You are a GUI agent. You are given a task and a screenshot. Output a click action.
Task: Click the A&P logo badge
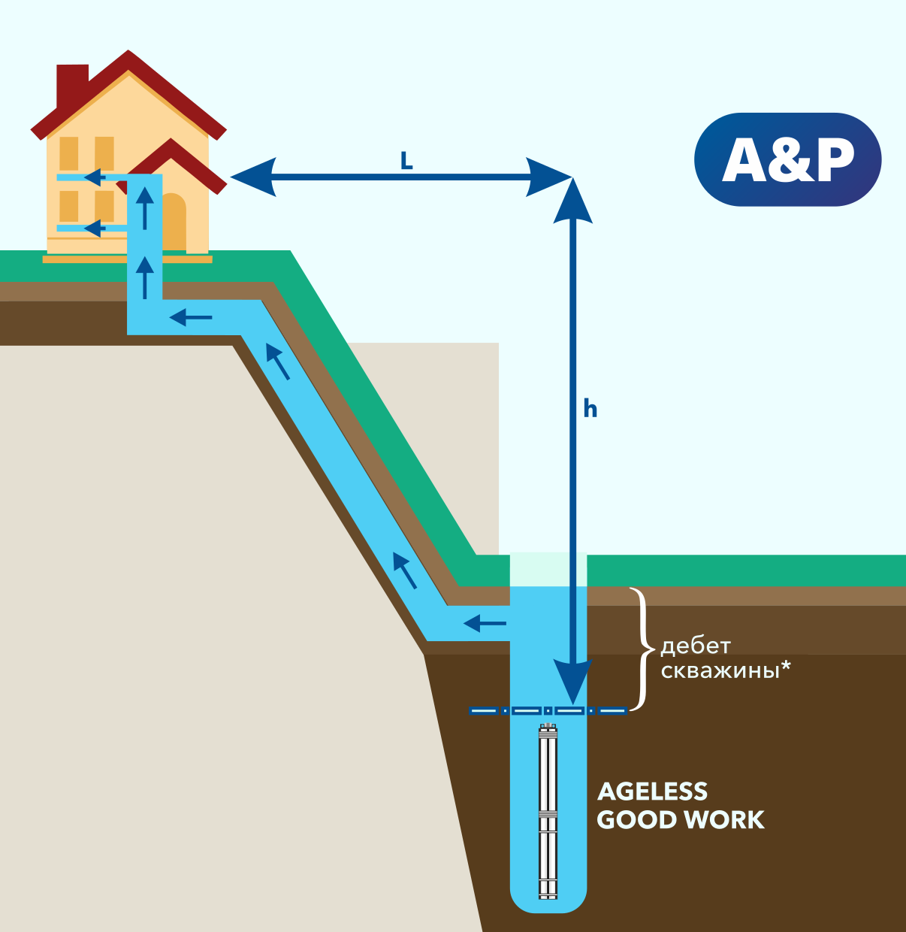pyautogui.click(x=787, y=159)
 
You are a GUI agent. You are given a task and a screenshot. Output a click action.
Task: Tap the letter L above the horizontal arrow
pyautogui.click(x=406, y=161)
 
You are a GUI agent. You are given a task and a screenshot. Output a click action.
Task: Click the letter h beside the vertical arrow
pyautogui.click(x=590, y=409)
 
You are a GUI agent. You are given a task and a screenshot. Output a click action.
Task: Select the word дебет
pyautogui.click(x=695, y=646)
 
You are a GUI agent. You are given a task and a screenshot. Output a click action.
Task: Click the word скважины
pyautogui.click(x=720, y=670)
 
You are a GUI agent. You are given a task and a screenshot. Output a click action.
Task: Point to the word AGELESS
pyautogui.click(x=652, y=791)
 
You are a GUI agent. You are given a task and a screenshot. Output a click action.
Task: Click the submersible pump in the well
pyautogui.click(x=548, y=812)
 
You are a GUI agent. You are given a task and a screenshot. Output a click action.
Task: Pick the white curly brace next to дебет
pyautogui.click(x=641, y=649)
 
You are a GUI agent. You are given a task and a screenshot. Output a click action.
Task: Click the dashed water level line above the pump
pyautogui.click(x=548, y=710)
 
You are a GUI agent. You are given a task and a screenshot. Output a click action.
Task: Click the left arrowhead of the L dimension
pyautogui.click(x=252, y=177)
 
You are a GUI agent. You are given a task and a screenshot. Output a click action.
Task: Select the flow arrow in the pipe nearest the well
pyautogui.click(x=485, y=623)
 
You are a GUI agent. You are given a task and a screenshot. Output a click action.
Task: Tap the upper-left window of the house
pyautogui.click(x=69, y=153)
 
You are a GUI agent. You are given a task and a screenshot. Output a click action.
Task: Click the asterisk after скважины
pyautogui.click(x=787, y=667)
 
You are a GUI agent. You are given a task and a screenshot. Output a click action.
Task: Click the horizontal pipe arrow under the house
pyautogui.click(x=191, y=318)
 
